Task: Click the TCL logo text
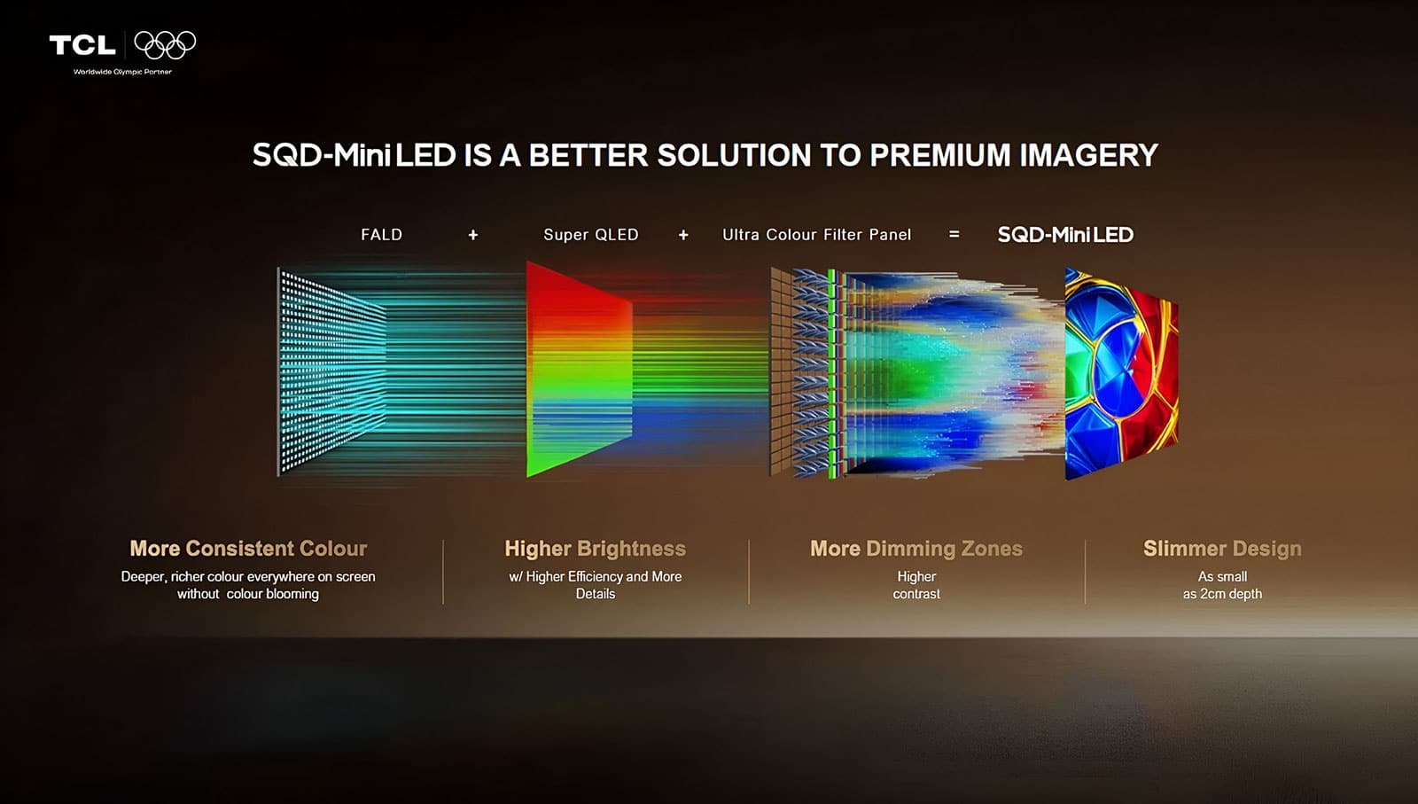click(x=82, y=44)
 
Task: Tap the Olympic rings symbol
click(x=165, y=44)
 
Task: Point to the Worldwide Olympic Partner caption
click(x=122, y=72)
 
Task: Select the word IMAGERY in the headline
click(x=1088, y=156)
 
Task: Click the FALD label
click(x=381, y=235)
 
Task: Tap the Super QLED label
click(x=590, y=235)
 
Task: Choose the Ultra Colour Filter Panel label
click(x=816, y=235)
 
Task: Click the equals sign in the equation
click(x=954, y=235)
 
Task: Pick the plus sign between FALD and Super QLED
click(x=473, y=235)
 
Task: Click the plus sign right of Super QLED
click(x=683, y=235)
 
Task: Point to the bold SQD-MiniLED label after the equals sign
click(x=1065, y=235)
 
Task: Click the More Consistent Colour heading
click(x=248, y=549)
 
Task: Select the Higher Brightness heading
click(x=595, y=549)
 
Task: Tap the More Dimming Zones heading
click(x=915, y=549)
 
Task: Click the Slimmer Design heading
click(x=1222, y=549)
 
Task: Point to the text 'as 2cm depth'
click(x=1222, y=594)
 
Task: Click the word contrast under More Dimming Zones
click(x=916, y=594)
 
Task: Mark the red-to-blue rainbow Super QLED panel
click(x=578, y=369)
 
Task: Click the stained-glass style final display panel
click(x=1119, y=372)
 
